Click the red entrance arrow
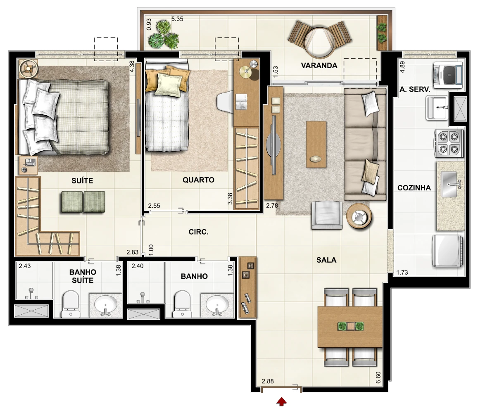point(281,402)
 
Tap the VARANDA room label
point(319,66)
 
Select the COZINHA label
point(414,188)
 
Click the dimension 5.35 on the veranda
point(177,19)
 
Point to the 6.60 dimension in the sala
point(378,377)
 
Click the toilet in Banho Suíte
point(71,304)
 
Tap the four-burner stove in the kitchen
point(449,143)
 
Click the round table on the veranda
point(319,43)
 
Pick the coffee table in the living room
point(316,144)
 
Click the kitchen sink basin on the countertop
point(449,184)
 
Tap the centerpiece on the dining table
point(351,326)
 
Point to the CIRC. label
point(198,232)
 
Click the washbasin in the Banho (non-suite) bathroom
point(217,304)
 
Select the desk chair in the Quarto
point(225,102)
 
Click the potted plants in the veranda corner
point(164,35)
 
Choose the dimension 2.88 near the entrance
point(268,381)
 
